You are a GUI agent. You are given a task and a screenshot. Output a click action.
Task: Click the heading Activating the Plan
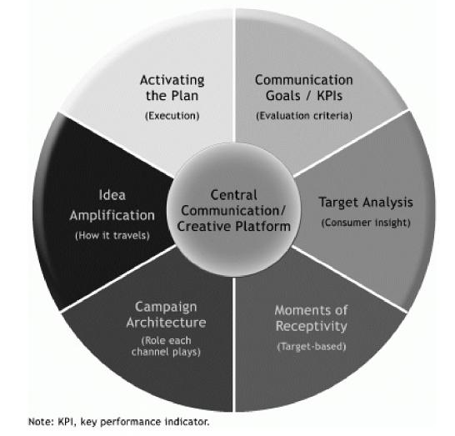pos(172,88)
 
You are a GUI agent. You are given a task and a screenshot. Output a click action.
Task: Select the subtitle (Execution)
pos(172,116)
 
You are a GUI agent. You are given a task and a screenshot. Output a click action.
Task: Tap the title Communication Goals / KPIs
pos(304,88)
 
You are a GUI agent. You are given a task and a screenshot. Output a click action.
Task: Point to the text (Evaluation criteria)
pos(304,116)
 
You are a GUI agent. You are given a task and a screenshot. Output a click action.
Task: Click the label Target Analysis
pos(366,203)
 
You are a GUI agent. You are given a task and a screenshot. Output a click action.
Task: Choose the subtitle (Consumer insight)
pos(366,223)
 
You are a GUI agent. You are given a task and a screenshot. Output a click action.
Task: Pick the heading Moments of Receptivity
pos(311,318)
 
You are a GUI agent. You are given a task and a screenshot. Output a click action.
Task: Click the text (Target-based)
pos(312,347)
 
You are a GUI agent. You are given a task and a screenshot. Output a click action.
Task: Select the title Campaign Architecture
pos(166,314)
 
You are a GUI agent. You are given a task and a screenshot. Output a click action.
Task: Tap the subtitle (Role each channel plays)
pos(166,346)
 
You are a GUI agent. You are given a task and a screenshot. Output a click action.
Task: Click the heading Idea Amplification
pos(112,205)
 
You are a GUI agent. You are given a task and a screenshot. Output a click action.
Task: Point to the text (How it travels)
pos(112,235)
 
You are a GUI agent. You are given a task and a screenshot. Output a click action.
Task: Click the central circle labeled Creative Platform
pos(233,209)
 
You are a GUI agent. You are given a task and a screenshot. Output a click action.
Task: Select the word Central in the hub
pos(233,195)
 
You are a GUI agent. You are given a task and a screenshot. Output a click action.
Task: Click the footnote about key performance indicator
pos(118,422)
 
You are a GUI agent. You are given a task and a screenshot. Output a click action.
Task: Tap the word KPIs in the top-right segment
pos(330,96)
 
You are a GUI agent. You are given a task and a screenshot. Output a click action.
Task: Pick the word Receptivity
pos(311,326)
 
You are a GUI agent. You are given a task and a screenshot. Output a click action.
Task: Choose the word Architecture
pos(166,323)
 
